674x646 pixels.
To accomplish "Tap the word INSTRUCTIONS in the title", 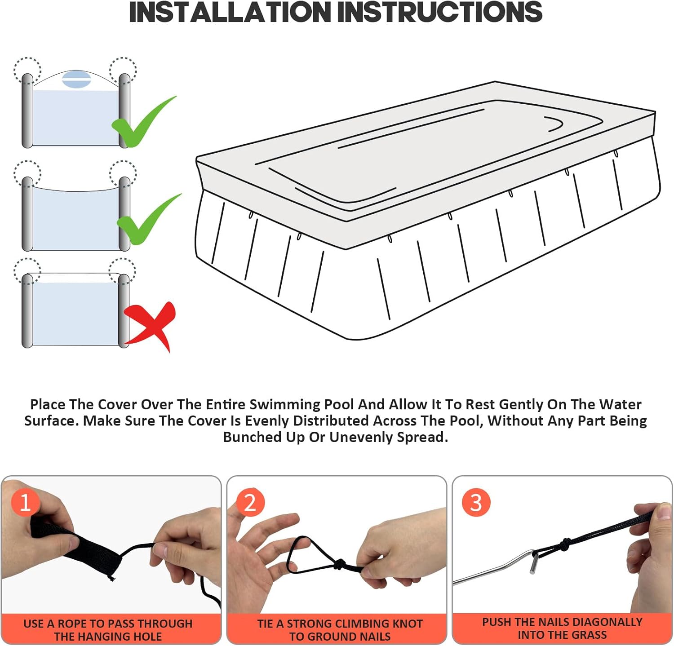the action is (440, 12).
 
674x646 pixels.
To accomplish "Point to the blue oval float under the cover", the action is (76, 79).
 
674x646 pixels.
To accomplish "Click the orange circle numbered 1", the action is (25, 502).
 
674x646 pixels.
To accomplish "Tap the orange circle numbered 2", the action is (250, 502).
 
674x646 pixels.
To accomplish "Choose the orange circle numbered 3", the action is (476, 502).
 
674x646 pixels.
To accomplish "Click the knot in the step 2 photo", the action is (339, 564).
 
